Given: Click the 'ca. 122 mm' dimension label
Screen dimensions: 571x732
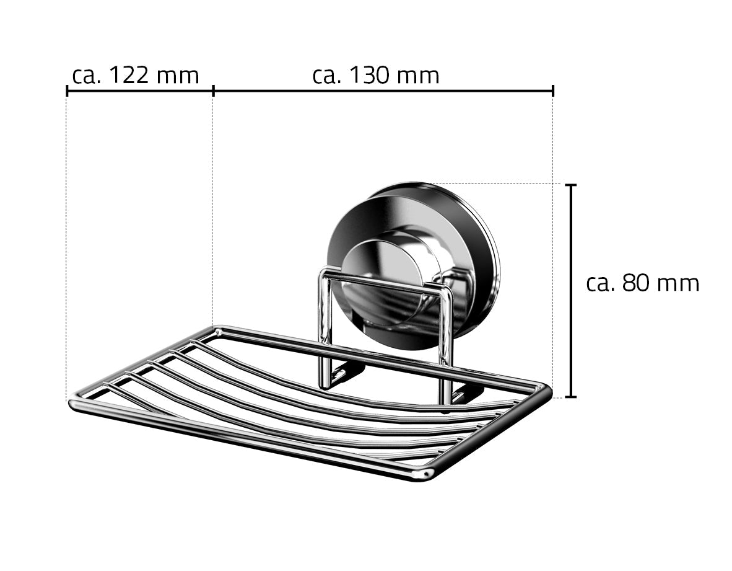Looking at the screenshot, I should [136, 76].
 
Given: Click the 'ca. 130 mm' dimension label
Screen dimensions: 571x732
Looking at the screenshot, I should [376, 76].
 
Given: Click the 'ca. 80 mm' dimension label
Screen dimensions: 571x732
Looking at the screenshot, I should [642, 283].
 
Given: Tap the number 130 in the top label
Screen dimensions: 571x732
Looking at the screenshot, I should [370, 76].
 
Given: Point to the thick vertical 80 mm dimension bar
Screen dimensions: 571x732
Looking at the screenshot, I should [572, 291].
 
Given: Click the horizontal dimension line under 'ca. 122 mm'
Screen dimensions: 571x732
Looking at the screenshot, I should [139, 91].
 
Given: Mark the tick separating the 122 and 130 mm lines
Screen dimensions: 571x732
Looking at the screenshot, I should [213, 91].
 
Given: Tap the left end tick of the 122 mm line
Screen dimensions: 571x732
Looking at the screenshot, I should [67, 91].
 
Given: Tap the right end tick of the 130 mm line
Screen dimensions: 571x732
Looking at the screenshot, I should [552, 91].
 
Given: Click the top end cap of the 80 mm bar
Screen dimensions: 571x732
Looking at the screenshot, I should [572, 185].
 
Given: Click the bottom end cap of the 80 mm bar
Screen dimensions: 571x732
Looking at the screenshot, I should [572, 397].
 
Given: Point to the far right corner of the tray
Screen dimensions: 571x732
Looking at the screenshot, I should [544, 390].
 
